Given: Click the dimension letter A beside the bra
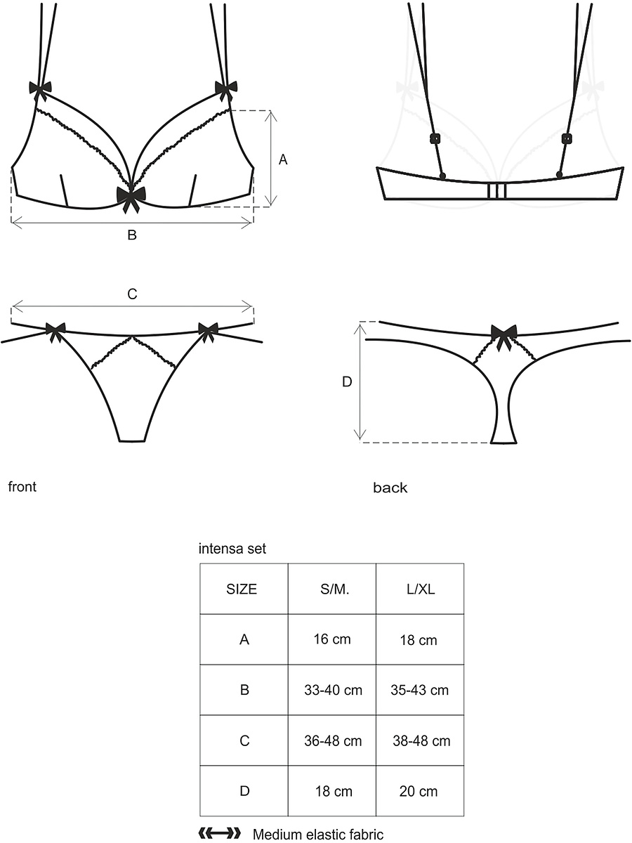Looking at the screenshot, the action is (283, 159).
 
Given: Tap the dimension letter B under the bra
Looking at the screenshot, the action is (132, 235).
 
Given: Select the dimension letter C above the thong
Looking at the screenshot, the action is (132, 294).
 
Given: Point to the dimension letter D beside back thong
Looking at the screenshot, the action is (347, 381).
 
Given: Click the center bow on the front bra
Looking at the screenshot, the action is (131, 199).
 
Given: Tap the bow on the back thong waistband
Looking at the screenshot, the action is (503, 336).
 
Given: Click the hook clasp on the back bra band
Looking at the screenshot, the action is (497, 191).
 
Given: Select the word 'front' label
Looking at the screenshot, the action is (22, 487).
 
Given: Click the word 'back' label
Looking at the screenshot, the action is (390, 488).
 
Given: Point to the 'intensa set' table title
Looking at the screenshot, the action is (232, 549).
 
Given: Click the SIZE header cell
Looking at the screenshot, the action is (244, 589).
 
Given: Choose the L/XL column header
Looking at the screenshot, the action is (420, 589).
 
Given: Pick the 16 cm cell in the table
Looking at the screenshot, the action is (332, 639).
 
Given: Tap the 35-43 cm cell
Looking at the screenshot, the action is (420, 690).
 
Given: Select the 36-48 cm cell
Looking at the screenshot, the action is (332, 740).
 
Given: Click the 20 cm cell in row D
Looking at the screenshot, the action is (420, 791).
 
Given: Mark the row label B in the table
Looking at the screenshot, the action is (244, 690).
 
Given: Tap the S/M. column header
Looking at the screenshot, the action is (332, 589).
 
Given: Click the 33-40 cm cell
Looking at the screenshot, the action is (332, 690).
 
